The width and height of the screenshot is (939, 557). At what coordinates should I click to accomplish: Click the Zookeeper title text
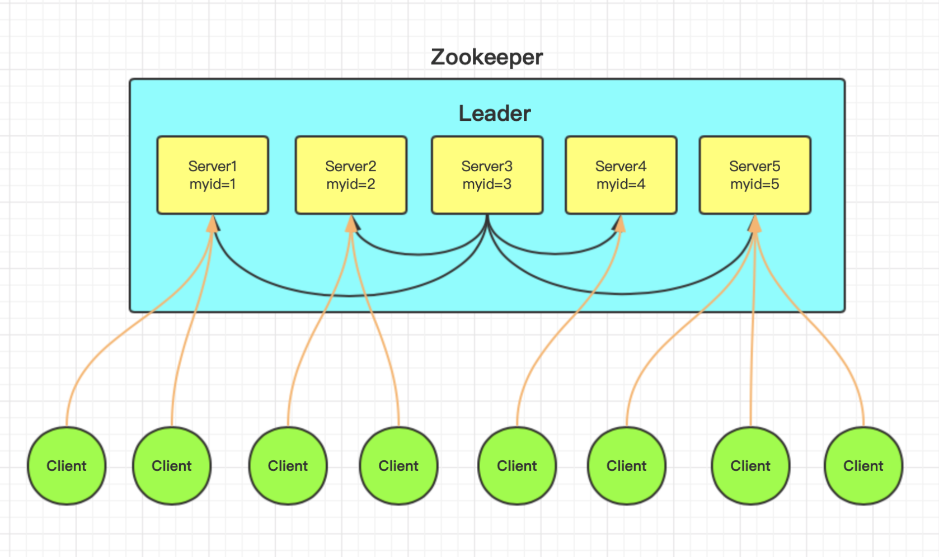[x=486, y=57]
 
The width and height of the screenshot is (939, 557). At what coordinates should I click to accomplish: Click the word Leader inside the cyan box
[x=494, y=114]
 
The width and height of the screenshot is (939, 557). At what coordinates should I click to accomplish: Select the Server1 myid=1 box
[x=213, y=175]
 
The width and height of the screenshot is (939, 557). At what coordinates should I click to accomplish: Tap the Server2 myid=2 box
[x=351, y=175]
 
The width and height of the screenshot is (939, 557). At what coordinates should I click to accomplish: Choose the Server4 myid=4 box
[x=621, y=175]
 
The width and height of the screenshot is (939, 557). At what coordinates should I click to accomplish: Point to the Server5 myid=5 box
[x=754, y=175]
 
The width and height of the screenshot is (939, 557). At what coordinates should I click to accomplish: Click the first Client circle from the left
[x=67, y=466]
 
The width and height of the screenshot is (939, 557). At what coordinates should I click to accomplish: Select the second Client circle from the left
[x=172, y=466]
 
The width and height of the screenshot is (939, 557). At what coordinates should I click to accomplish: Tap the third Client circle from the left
[x=288, y=466]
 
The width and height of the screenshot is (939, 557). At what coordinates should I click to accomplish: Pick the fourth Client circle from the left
[x=398, y=466]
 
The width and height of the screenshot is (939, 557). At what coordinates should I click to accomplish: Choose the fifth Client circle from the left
[x=517, y=466]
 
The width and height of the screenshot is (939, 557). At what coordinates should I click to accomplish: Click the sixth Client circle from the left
[x=627, y=466]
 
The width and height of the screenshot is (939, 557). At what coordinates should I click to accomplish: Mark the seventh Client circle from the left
[x=750, y=466]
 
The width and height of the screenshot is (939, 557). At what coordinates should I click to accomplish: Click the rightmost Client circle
[x=863, y=466]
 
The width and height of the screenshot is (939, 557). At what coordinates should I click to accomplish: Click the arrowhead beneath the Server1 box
[x=213, y=224]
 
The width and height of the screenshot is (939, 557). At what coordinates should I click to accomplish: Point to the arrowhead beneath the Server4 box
[x=619, y=224]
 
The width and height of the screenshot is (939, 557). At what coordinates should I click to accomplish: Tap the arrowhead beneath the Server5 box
[x=755, y=224]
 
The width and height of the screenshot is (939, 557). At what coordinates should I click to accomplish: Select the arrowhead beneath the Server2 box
[x=352, y=224]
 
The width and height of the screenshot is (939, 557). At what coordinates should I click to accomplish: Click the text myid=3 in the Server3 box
[x=487, y=185]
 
